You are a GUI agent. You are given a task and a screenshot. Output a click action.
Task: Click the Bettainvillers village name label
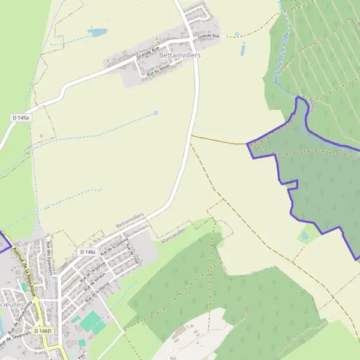(x=180, y=55)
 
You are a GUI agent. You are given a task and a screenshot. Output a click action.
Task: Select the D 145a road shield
(x=20, y=119)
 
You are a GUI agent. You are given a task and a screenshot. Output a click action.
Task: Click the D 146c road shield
(x=88, y=252)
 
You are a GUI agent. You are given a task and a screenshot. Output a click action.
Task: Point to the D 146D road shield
(x=43, y=331)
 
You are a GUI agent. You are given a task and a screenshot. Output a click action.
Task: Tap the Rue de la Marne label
(x=97, y=292)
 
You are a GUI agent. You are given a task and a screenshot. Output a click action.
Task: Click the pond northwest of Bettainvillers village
(x=97, y=32)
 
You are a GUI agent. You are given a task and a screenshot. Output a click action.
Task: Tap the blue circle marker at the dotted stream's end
(x=155, y=113)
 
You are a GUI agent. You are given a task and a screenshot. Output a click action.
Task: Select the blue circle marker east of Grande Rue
(x=237, y=34)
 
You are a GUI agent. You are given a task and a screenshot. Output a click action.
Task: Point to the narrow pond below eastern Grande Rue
(x=243, y=50)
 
